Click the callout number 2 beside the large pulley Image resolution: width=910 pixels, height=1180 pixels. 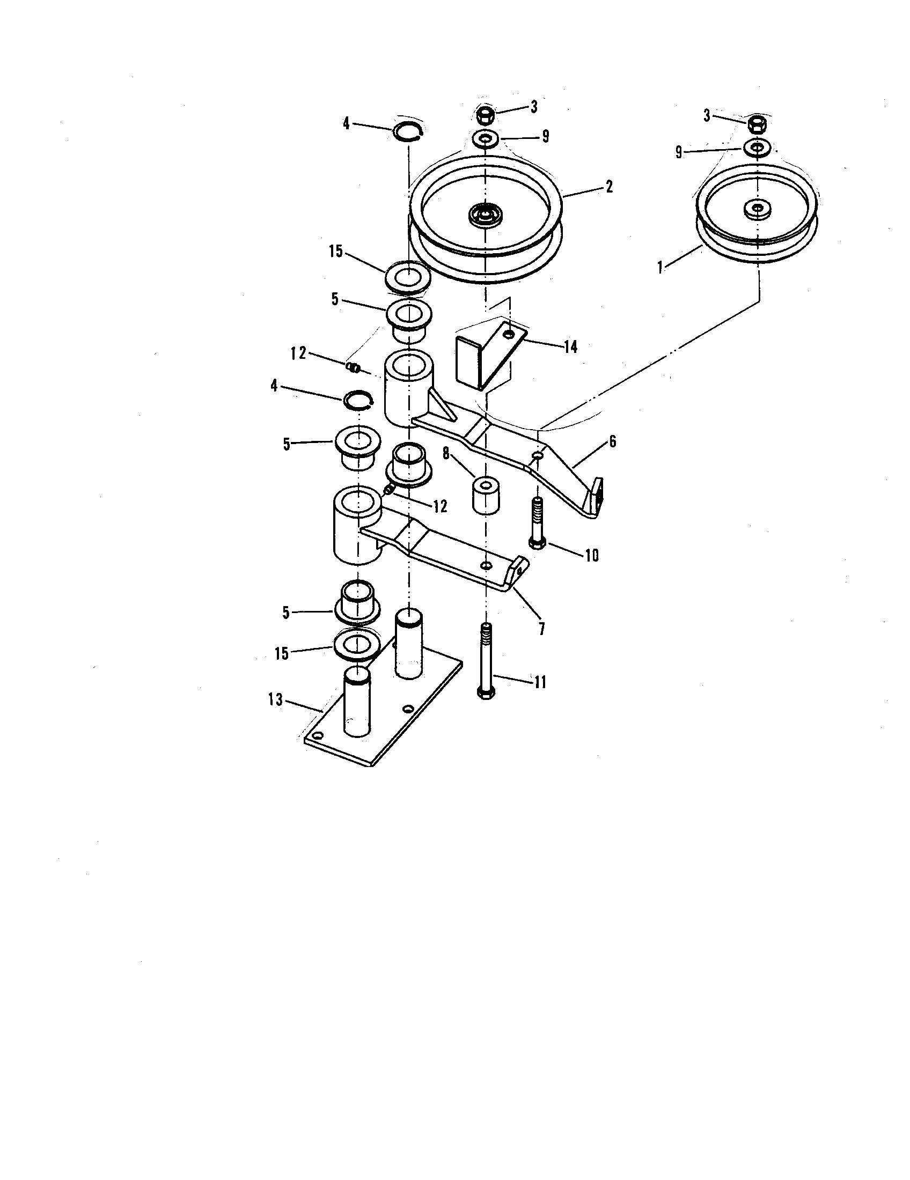click(609, 187)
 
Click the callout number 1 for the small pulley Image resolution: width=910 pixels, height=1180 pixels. click(660, 268)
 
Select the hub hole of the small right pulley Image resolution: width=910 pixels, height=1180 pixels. click(757, 208)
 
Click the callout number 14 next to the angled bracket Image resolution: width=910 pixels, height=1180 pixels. click(571, 347)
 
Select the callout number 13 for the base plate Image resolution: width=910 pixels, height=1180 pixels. click(275, 700)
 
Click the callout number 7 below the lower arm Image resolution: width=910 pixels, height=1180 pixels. click(541, 629)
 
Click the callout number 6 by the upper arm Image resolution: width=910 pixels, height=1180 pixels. click(612, 441)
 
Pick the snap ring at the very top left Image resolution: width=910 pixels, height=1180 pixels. click(408, 131)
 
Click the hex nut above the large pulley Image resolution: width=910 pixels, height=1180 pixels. click(485, 114)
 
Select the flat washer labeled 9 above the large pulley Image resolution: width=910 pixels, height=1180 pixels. click(486, 139)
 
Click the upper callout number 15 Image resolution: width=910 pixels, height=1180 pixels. click(336, 251)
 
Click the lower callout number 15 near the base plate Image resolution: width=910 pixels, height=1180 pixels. click(282, 653)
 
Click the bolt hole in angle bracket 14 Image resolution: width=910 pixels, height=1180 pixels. click(508, 336)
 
